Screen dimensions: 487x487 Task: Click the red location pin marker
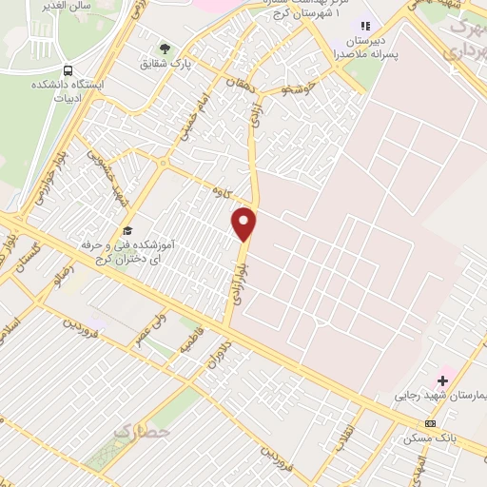click(245, 224)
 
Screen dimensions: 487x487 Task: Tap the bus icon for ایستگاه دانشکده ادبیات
click(68, 70)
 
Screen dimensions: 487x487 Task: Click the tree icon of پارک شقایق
click(166, 49)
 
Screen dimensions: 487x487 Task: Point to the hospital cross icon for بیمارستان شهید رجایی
click(442, 380)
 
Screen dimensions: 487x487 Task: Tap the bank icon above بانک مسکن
click(431, 422)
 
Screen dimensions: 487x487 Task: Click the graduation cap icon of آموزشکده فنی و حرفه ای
click(127, 230)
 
